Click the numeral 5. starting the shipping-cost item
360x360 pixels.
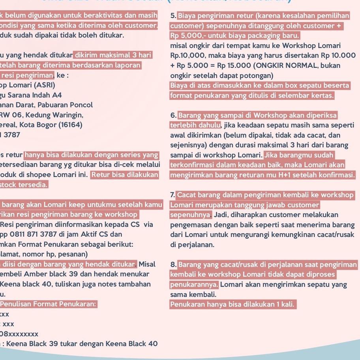pyautogui.click(x=173, y=16)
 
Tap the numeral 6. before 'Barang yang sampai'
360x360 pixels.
pyautogui.click(x=173, y=116)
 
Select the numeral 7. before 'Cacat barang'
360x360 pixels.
pyautogui.click(x=173, y=195)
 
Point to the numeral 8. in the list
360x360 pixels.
pyautogui.click(x=173, y=264)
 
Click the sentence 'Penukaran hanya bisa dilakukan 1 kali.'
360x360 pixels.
pyautogui.click(x=232, y=304)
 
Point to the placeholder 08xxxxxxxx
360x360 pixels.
pyautogui.click(x=20, y=334)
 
